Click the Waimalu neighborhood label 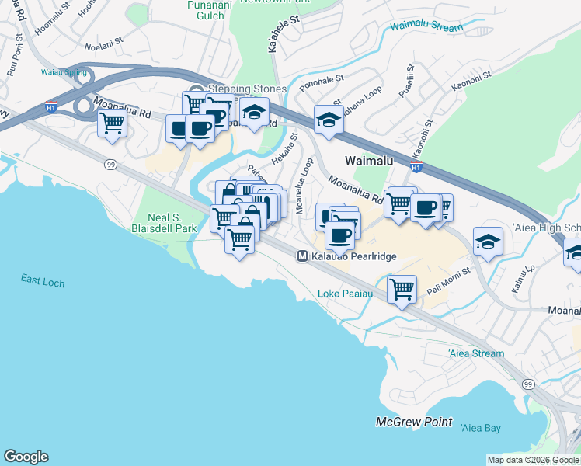tap(369, 159)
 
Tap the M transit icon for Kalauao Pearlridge tap(302, 256)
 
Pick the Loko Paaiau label tap(346, 294)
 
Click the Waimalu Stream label tap(427, 26)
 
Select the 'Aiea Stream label tap(476, 353)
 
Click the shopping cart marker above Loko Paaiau tap(402, 290)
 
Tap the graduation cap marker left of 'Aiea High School tap(488, 241)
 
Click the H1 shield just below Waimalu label tap(416, 167)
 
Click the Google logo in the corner tap(26, 456)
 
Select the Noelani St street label tap(104, 47)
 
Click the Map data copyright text tap(533, 460)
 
